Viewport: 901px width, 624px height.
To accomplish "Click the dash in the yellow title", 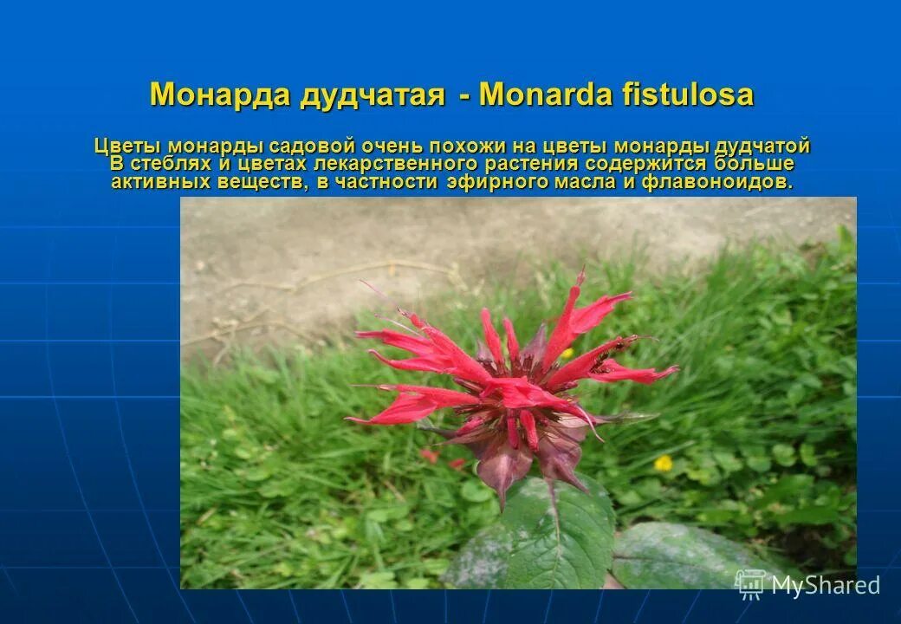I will [464, 95].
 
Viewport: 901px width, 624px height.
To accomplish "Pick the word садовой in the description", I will [309, 146].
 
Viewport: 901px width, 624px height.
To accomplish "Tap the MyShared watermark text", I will [825, 586].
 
